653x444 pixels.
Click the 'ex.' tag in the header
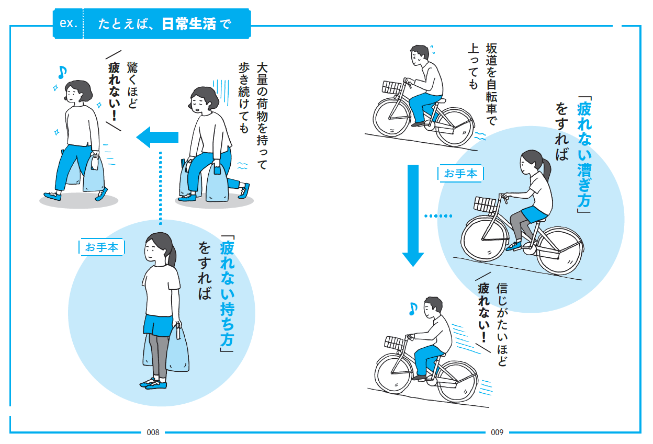tap(69, 24)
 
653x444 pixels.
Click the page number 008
tap(153, 432)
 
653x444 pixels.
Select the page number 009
tap(497, 432)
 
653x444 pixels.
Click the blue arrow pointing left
tap(157, 138)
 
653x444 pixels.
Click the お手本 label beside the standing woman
tap(102, 247)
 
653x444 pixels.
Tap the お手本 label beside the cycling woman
tap(460, 174)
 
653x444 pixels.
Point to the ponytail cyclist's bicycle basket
tap(485, 204)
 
